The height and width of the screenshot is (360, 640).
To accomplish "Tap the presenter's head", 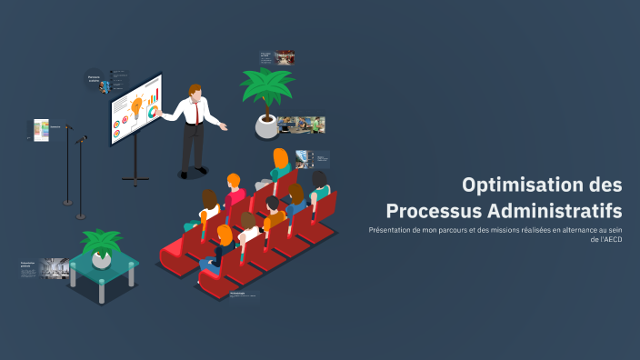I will [195, 91].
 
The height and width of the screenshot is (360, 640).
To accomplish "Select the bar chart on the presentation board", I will [155, 95].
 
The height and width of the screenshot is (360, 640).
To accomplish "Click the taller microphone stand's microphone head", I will [69, 127].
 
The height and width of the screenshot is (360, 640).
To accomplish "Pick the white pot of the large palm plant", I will [266, 126].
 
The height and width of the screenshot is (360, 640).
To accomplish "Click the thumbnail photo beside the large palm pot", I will [302, 125].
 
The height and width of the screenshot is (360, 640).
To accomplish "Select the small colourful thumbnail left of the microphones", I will [41, 130].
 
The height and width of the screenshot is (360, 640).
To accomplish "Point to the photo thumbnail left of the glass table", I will [53, 268].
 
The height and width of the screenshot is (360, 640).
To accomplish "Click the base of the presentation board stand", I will [135, 180].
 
